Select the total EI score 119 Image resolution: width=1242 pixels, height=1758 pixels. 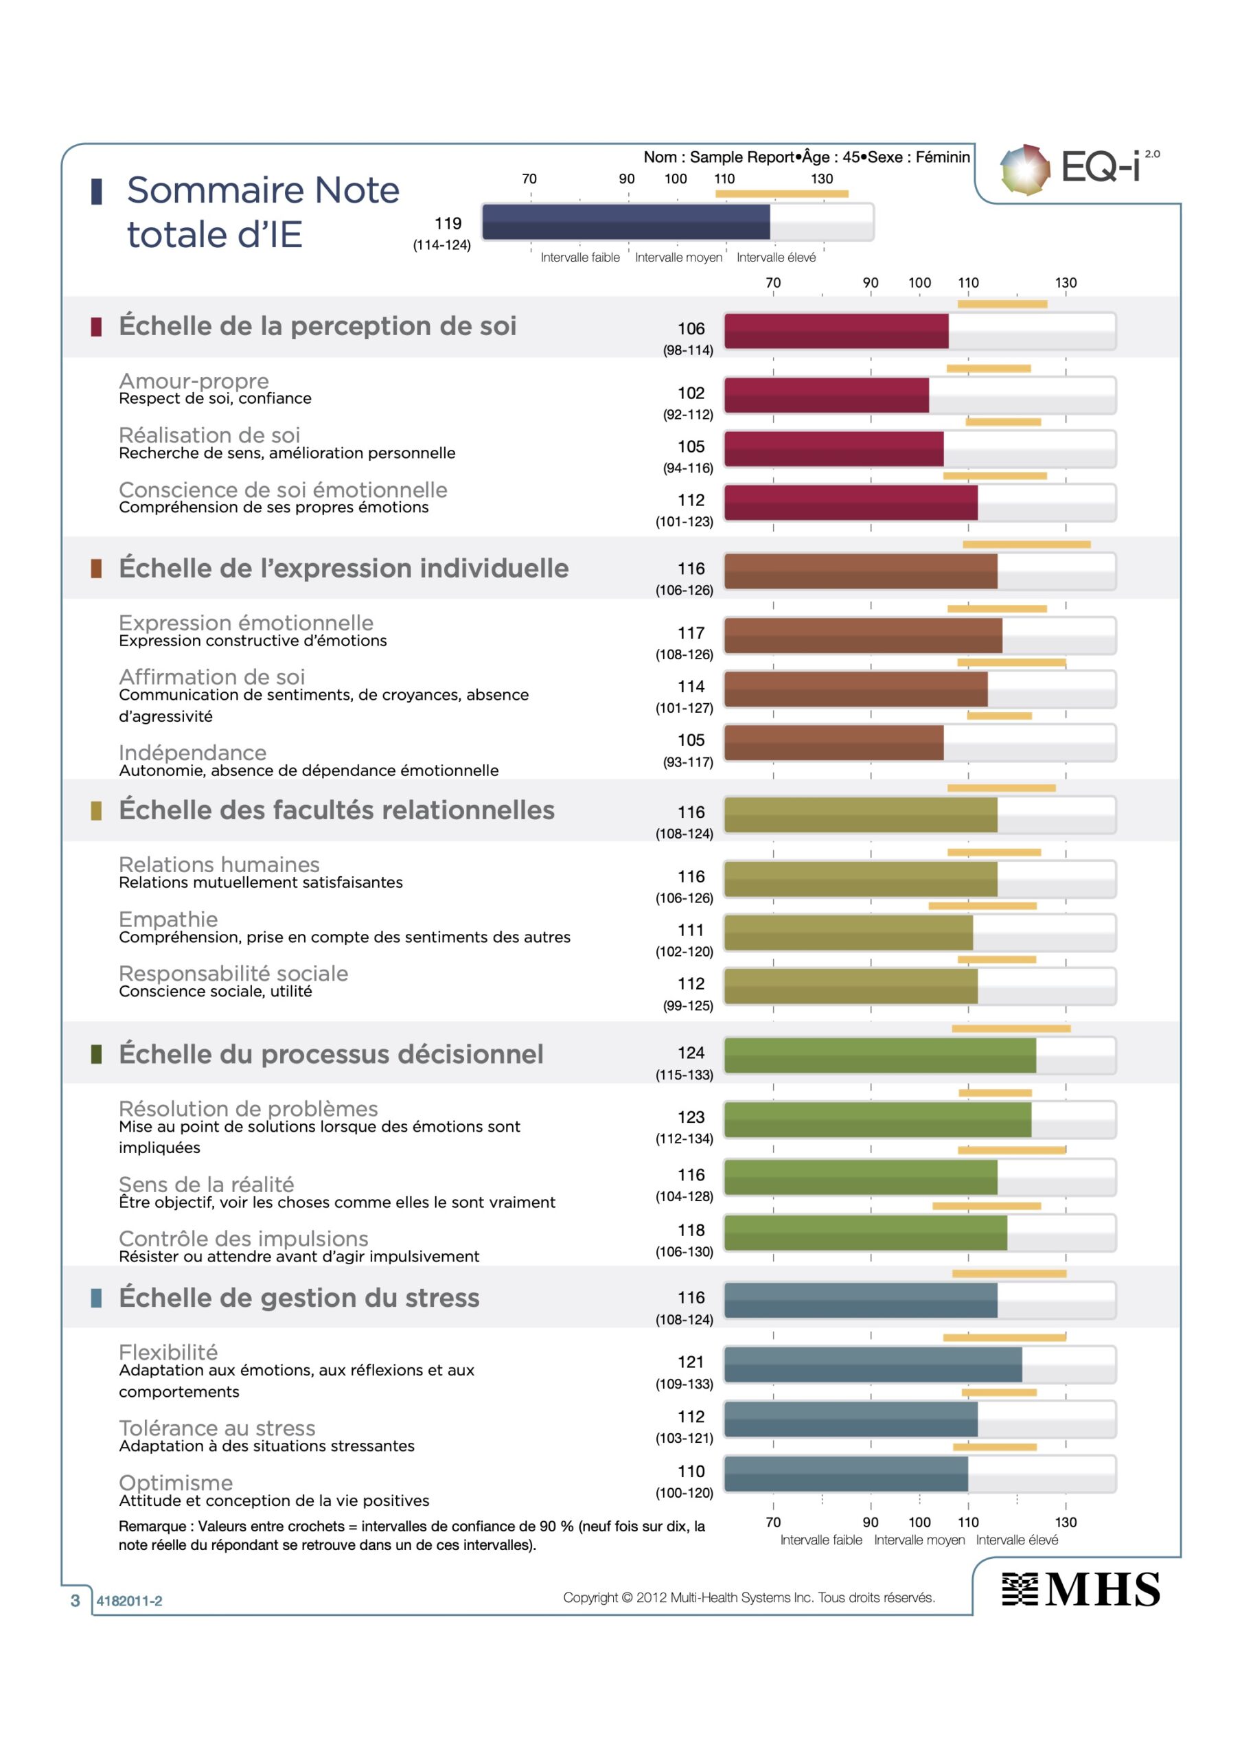click(x=448, y=224)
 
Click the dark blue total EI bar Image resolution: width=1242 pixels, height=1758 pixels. click(x=625, y=222)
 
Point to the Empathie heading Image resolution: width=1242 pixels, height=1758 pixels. click(x=168, y=919)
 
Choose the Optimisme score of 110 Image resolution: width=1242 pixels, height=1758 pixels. click(x=691, y=1471)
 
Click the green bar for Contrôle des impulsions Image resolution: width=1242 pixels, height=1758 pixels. click(x=865, y=1233)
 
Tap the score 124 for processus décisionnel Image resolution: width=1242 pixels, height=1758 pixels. click(x=691, y=1053)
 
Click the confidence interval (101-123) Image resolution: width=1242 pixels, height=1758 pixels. click(x=684, y=521)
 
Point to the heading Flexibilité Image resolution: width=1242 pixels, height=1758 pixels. click(x=168, y=1352)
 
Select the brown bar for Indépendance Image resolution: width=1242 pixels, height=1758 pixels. click(x=834, y=743)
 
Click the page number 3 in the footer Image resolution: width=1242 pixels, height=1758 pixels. click(x=75, y=1600)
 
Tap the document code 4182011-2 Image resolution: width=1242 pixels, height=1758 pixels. click(x=129, y=1601)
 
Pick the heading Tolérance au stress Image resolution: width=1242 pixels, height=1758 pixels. click(x=217, y=1428)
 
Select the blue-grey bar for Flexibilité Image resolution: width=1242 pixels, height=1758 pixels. click(x=873, y=1365)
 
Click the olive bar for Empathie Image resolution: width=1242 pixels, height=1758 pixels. click(x=849, y=933)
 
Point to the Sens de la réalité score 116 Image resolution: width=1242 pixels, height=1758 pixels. click(x=691, y=1174)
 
